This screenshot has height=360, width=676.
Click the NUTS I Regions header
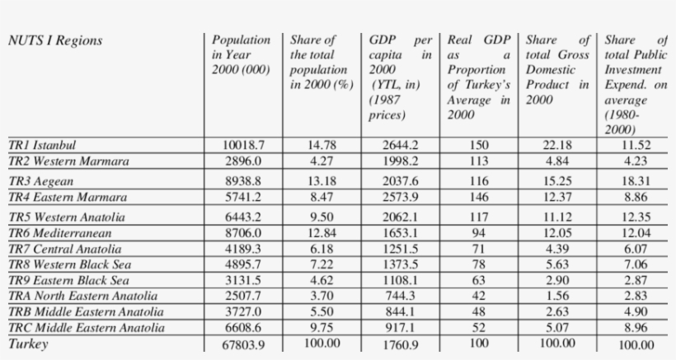point(55,40)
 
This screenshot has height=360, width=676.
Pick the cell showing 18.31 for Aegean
point(636,181)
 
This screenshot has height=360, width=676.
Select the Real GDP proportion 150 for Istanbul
point(478,145)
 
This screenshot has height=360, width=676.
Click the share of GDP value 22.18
point(557,145)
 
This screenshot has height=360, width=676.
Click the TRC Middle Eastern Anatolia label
point(85,328)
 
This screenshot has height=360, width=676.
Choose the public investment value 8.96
point(636,328)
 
